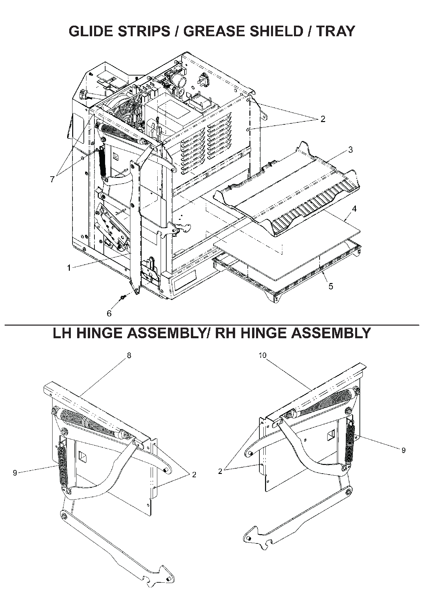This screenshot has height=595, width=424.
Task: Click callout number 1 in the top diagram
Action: coord(69,268)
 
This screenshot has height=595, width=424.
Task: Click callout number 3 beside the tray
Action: coord(350,150)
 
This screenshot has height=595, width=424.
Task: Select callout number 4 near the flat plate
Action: coord(354,209)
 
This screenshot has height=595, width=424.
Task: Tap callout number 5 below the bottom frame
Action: coord(331,286)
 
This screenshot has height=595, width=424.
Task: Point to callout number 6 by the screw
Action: coord(109,313)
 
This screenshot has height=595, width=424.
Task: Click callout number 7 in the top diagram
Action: coord(52,179)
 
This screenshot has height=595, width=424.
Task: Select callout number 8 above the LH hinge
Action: coord(129,355)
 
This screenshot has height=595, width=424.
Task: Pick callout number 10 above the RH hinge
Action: coord(262,355)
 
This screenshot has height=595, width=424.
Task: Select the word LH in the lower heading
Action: coord(64,333)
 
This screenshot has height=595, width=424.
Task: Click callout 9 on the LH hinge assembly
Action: coord(15,473)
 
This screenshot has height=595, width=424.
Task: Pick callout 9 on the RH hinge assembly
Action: coord(403,450)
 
